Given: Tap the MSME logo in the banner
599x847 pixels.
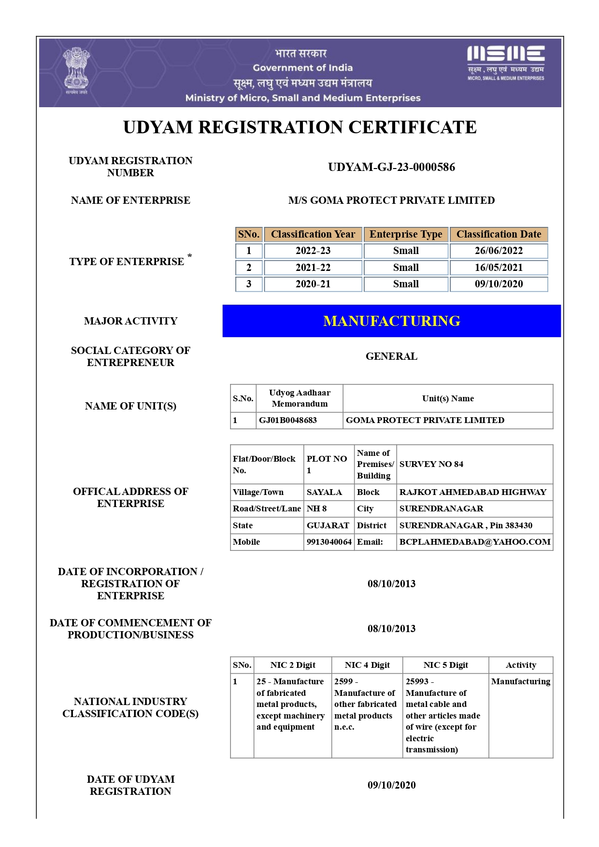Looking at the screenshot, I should [506, 63].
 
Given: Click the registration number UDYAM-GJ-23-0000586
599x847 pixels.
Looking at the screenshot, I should [391, 167].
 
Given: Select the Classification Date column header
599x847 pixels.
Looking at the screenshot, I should [499, 234].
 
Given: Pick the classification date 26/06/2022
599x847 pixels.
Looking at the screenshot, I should [499, 251].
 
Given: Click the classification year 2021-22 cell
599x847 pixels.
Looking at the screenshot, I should [313, 268].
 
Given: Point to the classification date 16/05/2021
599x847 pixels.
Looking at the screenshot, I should [499, 268].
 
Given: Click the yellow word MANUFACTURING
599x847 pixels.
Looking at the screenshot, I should [391, 321].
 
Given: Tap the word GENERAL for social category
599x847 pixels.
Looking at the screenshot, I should [391, 356].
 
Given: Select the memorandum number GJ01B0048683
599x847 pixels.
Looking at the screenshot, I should [288, 420].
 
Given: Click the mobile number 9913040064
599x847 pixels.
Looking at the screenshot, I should [329, 542].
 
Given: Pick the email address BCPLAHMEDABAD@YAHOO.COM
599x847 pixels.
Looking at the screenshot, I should [475, 542].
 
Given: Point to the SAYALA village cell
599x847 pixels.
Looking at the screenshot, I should [324, 492].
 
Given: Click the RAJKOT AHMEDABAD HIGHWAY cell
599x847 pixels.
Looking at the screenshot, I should [473, 492].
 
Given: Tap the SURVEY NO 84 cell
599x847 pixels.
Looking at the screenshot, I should [431, 464].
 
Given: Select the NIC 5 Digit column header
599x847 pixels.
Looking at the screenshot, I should [445, 665].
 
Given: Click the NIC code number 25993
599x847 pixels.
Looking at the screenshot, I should [417, 681].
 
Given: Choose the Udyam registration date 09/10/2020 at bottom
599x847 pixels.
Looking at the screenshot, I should [391, 785].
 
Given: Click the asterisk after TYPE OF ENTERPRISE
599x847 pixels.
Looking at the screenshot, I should [190, 256].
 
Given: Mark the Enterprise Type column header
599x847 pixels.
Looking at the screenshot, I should [406, 234].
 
